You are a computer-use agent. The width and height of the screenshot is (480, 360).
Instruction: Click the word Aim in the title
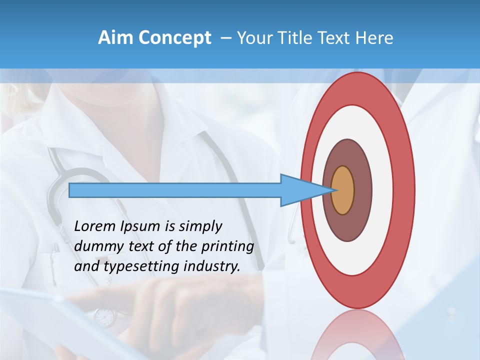[x=115, y=38]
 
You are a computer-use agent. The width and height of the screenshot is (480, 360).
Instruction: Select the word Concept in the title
[x=174, y=38]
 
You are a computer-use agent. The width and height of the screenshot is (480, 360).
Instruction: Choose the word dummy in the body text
[x=95, y=246]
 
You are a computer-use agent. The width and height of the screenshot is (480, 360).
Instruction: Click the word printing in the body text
[x=227, y=247]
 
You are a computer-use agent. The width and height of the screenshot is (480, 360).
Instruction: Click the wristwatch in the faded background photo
[x=104, y=316]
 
